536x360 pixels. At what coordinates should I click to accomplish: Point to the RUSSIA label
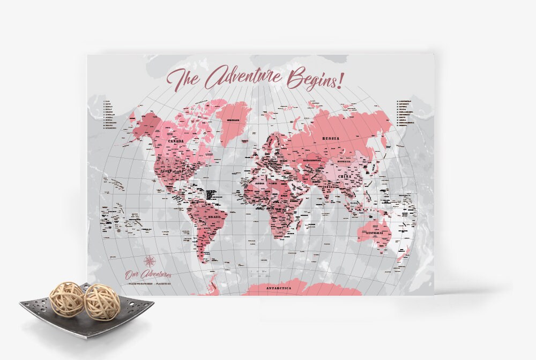point(331,139)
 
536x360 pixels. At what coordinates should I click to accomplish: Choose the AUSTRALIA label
point(374,234)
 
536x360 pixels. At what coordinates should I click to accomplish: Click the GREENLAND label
point(232,121)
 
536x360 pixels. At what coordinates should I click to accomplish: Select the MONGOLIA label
point(344,161)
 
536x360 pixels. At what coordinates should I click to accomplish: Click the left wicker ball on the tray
point(66,299)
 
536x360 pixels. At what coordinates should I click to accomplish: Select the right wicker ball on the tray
point(101,302)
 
